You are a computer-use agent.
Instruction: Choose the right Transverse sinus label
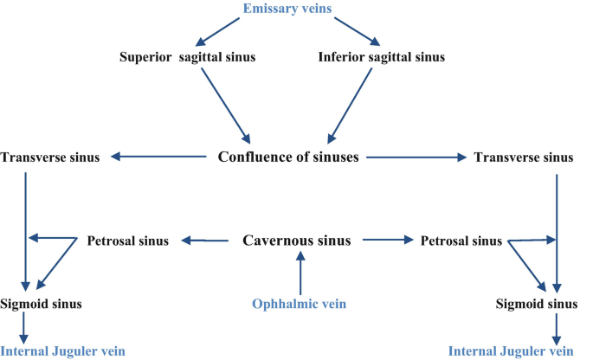coord(523,157)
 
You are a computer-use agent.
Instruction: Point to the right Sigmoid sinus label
coord(536,304)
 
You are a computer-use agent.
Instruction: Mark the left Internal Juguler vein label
coord(63,350)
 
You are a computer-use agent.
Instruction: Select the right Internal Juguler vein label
coord(512,350)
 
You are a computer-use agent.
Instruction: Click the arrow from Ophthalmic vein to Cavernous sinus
coord(300,273)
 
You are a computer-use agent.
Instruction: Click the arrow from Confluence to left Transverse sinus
coord(160,157)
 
